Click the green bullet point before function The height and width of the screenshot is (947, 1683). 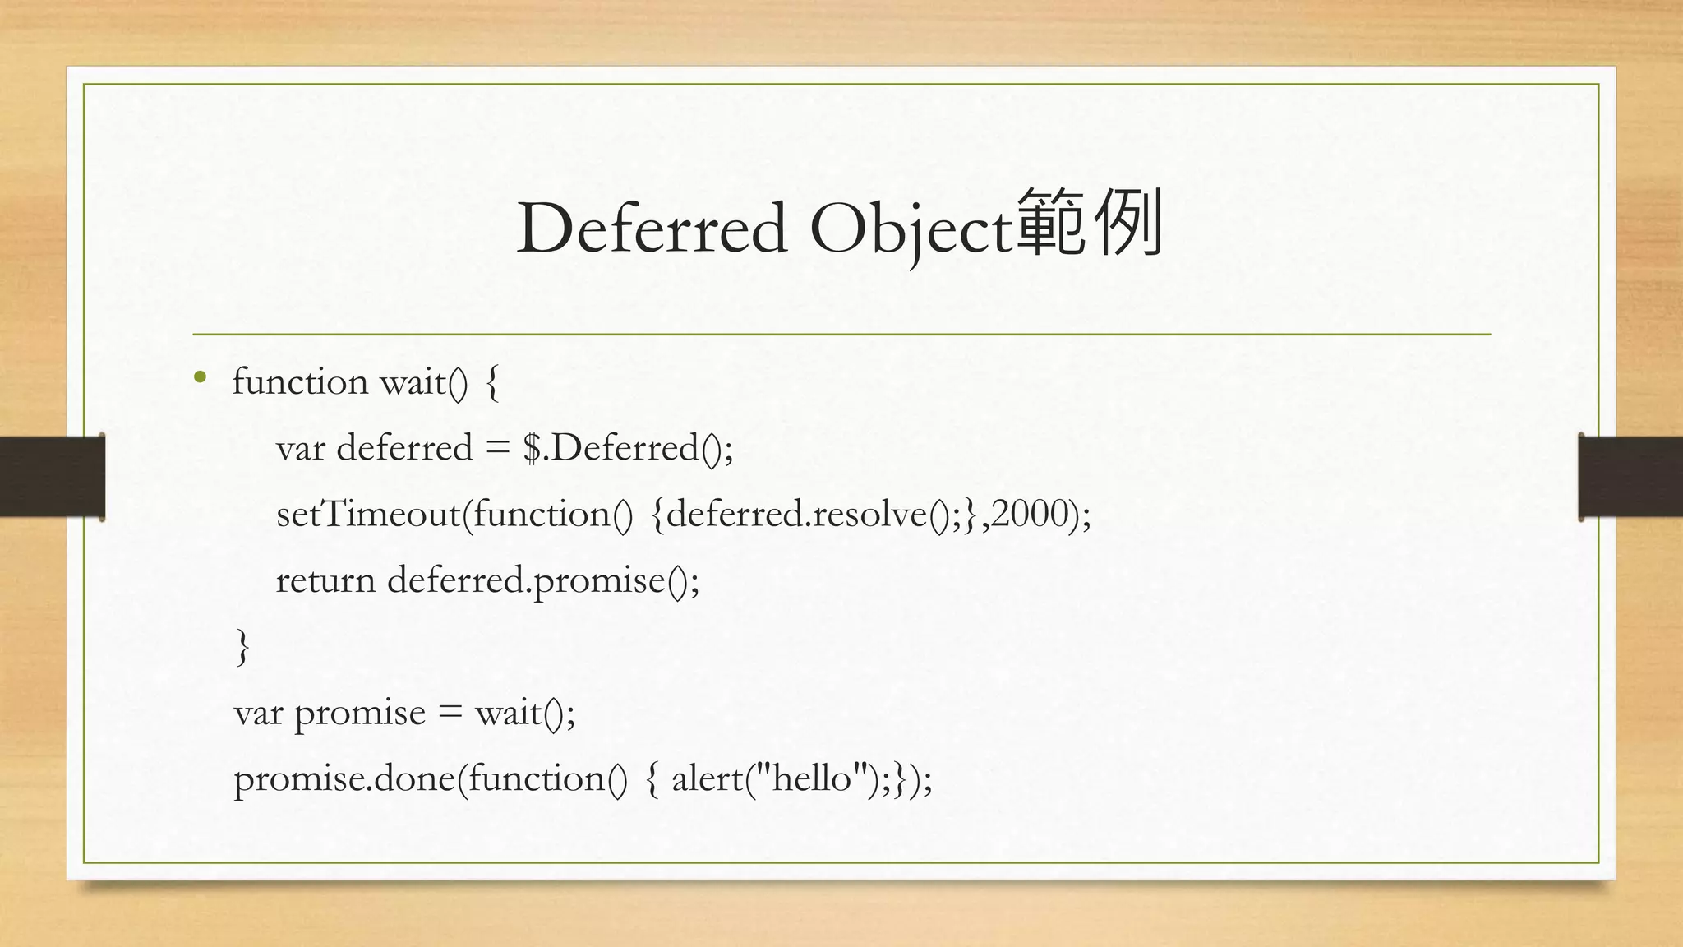point(200,378)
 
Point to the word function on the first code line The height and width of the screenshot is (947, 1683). point(299,382)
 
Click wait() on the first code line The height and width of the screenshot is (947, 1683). point(423,383)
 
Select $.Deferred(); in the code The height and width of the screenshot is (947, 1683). point(628,449)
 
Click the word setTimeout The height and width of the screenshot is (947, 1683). point(368,515)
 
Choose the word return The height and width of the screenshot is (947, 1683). point(325,581)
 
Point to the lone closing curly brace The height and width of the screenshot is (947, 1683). point(242,647)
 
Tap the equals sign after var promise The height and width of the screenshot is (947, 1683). point(450,714)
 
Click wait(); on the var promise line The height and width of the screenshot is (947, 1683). point(525,713)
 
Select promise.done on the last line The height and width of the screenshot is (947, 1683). point(344,779)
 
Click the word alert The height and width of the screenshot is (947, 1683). point(707,778)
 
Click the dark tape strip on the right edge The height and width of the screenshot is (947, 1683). point(1630,477)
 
